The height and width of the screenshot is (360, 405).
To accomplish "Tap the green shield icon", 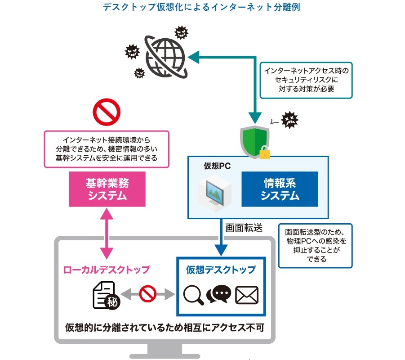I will pos(255,141).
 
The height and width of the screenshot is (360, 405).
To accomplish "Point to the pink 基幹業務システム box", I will pos(107,189).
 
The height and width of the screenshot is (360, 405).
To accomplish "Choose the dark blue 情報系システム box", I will pos(280,189).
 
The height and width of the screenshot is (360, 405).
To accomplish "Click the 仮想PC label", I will pos(217,166).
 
